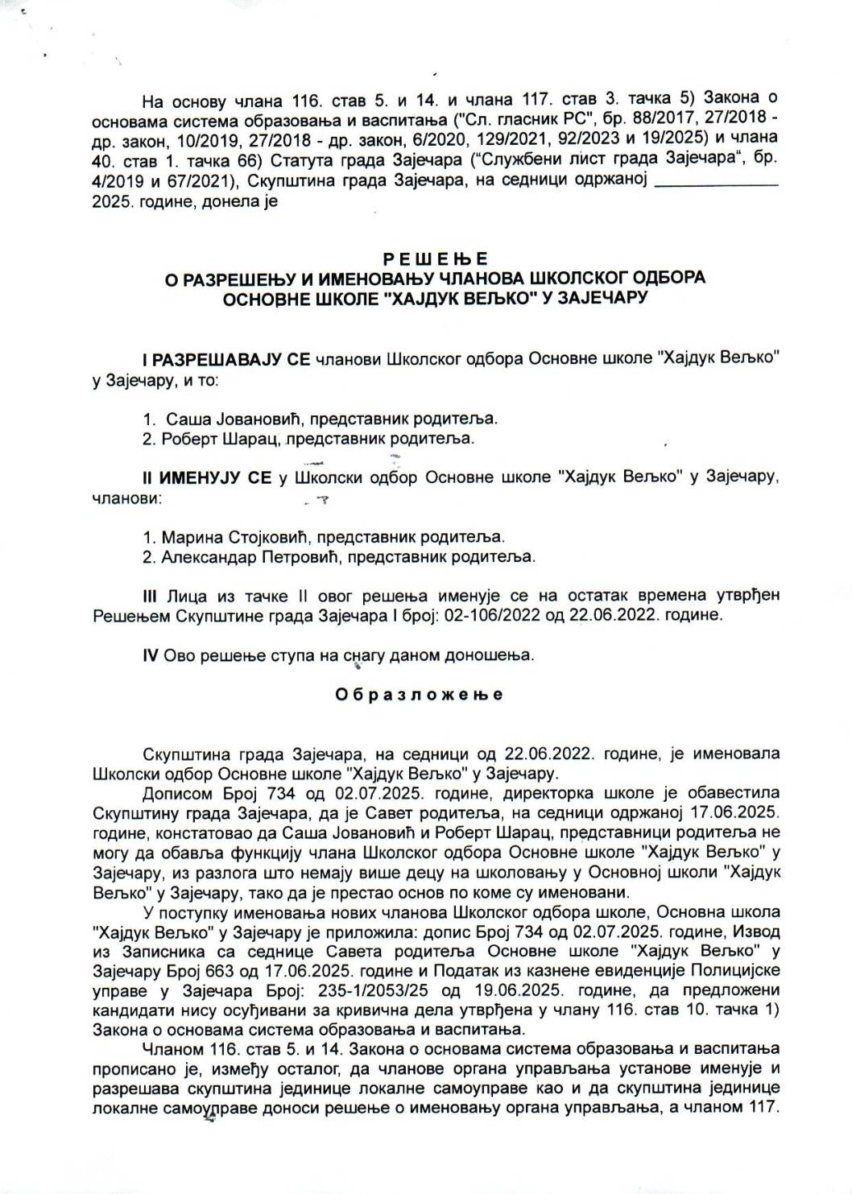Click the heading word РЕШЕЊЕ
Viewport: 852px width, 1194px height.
(x=436, y=259)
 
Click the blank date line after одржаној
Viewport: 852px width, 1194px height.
(x=718, y=182)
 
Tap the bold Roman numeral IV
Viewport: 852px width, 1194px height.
(x=150, y=655)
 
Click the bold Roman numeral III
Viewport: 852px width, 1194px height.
(x=150, y=597)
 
